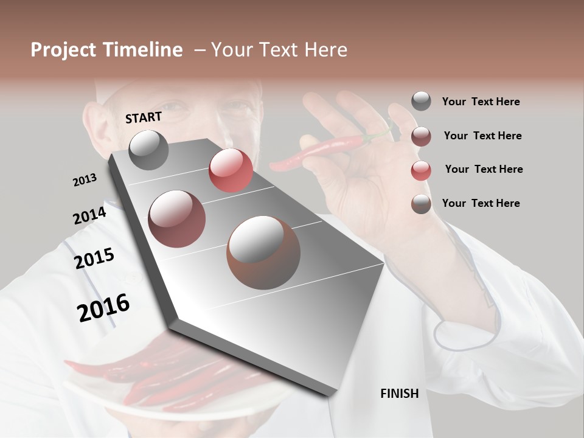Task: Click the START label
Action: tap(144, 117)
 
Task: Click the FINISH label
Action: tap(399, 394)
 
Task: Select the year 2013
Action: tap(85, 179)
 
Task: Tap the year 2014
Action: tap(89, 215)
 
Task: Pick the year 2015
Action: tap(94, 259)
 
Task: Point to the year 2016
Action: tap(103, 308)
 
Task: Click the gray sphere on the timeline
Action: tap(149, 150)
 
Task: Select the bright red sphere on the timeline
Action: tap(231, 170)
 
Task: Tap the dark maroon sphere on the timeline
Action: tap(176, 218)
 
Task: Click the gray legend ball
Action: tap(421, 101)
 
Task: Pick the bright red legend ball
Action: tap(421, 170)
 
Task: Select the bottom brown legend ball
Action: tap(421, 204)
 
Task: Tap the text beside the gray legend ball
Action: tap(481, 102)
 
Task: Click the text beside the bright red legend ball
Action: tap(484, 169)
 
